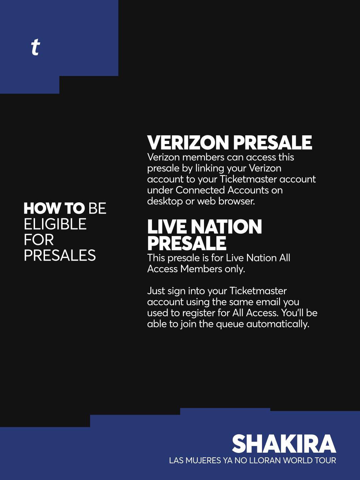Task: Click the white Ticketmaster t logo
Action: [35, 47]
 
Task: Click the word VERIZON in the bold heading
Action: [188, 143]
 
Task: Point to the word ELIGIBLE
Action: [55, 224]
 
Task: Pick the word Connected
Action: [200, 190]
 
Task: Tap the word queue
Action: [230, 324]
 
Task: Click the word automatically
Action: [278, 324]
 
